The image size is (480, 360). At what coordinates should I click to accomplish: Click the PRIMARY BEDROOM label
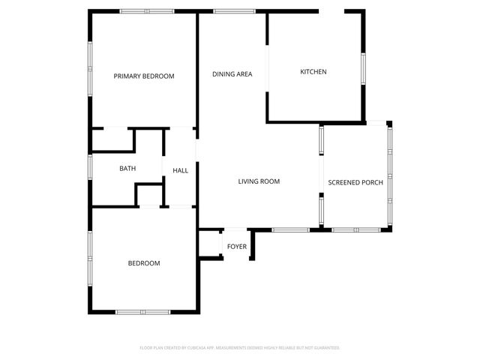[144, 76]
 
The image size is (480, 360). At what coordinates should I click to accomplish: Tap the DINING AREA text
[232, 73]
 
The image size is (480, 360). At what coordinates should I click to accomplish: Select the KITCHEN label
[313, 72]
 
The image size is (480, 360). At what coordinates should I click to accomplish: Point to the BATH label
[127, 169]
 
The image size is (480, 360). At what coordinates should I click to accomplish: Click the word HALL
[181, 171]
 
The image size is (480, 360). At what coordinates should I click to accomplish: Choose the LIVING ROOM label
[259, 181]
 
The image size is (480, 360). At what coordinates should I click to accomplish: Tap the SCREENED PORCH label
[355, 182]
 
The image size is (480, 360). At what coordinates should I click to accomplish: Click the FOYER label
[237, 247]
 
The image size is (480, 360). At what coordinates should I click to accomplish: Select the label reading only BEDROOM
[144, 263]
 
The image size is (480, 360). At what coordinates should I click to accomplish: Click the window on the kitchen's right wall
[363, 67]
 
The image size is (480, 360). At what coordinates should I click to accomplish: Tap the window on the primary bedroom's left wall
[90, 56]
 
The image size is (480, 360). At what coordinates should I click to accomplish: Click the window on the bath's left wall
[90, 166]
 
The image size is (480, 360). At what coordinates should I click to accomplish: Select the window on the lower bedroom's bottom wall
[142, 311]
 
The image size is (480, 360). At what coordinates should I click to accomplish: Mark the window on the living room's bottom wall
[290, 229]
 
